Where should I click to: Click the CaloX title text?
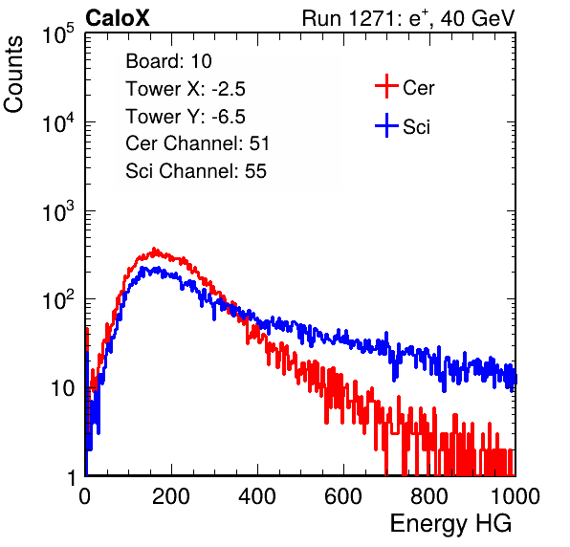click(118, 18)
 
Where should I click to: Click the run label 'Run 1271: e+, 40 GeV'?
click(408, 18)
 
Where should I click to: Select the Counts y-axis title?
click(13, 75)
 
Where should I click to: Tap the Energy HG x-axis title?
click(450, 524)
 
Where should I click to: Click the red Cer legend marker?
click(386, 86)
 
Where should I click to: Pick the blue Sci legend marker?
click(386, 126)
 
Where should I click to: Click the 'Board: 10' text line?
click(168, 61)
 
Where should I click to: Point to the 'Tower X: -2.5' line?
click(186, 89)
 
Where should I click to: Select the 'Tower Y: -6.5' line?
click(186, 117)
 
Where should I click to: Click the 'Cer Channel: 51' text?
click(197, 143)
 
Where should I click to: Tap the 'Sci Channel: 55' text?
click(196, 171)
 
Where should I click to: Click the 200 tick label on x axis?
click(171, 496)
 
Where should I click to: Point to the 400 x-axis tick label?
click(257, 496)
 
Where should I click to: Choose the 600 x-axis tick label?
click(343, 496)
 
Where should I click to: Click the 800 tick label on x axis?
click(429, 496)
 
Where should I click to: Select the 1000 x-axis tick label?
click(515, 496)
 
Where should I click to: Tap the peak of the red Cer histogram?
click(154, 249)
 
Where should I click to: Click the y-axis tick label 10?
click(62, 389)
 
